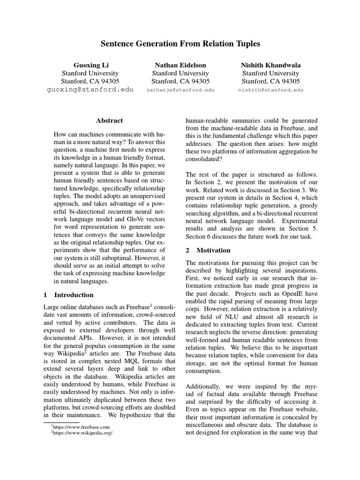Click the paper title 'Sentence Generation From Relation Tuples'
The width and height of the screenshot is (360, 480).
coord(180,44)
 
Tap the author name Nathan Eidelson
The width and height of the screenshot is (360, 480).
coord(180,65)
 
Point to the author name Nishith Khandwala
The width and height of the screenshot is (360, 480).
coord(270,65)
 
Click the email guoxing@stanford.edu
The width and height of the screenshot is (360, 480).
coord(90,89)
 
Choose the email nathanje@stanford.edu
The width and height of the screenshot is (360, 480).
coord(180,90)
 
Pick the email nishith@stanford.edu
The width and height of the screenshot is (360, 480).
coord(270,90)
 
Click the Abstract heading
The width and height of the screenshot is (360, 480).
coord(109,120)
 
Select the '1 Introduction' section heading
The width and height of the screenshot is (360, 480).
coord(68,295)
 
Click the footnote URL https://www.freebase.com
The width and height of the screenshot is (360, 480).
coord(82,427)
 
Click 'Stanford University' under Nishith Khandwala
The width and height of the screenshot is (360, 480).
coord(270,73)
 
